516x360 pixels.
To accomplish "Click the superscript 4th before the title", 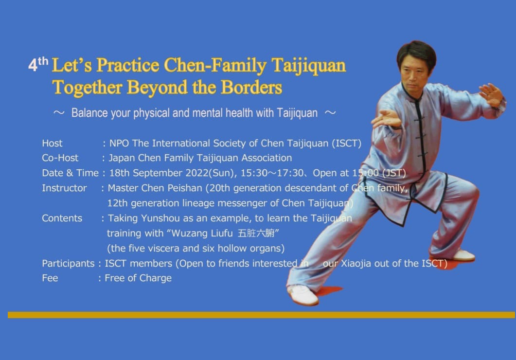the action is click(38, 64).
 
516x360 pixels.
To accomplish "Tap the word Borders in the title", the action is click(251, 88).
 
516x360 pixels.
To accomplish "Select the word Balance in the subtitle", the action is click(89, 113).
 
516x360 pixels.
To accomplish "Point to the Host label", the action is click(52, 144).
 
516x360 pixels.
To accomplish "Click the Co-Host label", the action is click(60, 158).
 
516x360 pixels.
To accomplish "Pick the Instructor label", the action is click(64, 188).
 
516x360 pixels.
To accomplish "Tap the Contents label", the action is click(62, 218).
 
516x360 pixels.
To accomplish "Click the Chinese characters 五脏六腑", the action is click(256, 234).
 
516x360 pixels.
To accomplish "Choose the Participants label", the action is click(68, 264).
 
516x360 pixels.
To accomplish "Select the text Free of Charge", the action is click(138, 278).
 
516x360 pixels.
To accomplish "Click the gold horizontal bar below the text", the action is click(261, 315).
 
